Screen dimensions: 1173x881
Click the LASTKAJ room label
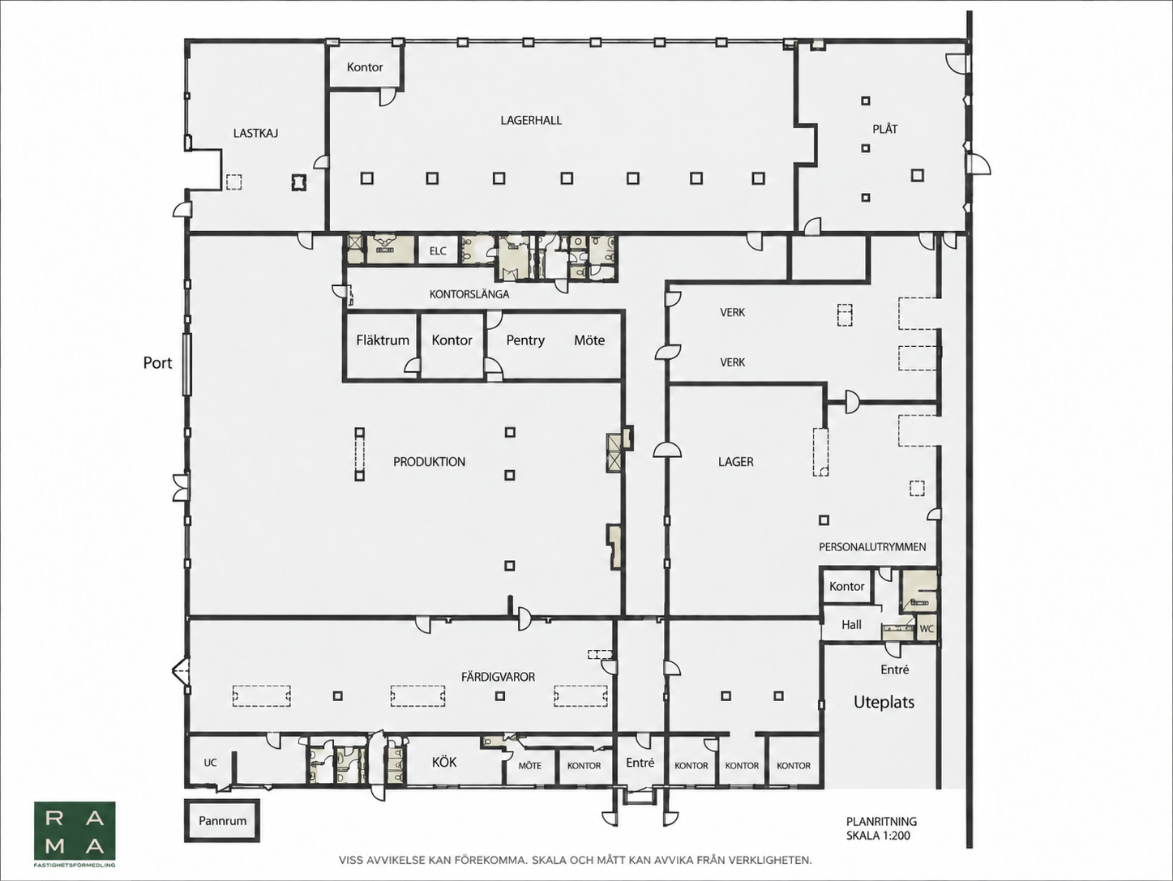pos(255,133)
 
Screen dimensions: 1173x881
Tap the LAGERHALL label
pos(531,120)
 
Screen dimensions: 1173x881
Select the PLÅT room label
pos(885,129)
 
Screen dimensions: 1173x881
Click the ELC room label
pos(438,251)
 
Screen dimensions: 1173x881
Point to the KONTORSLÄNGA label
pos(469,294)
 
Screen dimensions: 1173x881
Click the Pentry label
pos(525,340)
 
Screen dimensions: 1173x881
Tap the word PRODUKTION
pos(429,462)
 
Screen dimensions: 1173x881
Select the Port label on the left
pos(157,363)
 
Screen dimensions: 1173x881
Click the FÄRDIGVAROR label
pos(498,677)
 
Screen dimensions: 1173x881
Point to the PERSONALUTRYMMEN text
pos(873,547)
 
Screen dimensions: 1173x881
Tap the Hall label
pos(852,625)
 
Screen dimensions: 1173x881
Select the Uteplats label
pos(884,702)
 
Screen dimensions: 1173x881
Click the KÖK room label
pos(444,762)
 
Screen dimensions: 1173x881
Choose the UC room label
pos(210,763)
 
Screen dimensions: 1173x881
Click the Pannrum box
pos(222,821)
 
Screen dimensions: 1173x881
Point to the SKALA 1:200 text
pos(878,836)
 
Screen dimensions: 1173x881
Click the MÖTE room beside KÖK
pos(530,766)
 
